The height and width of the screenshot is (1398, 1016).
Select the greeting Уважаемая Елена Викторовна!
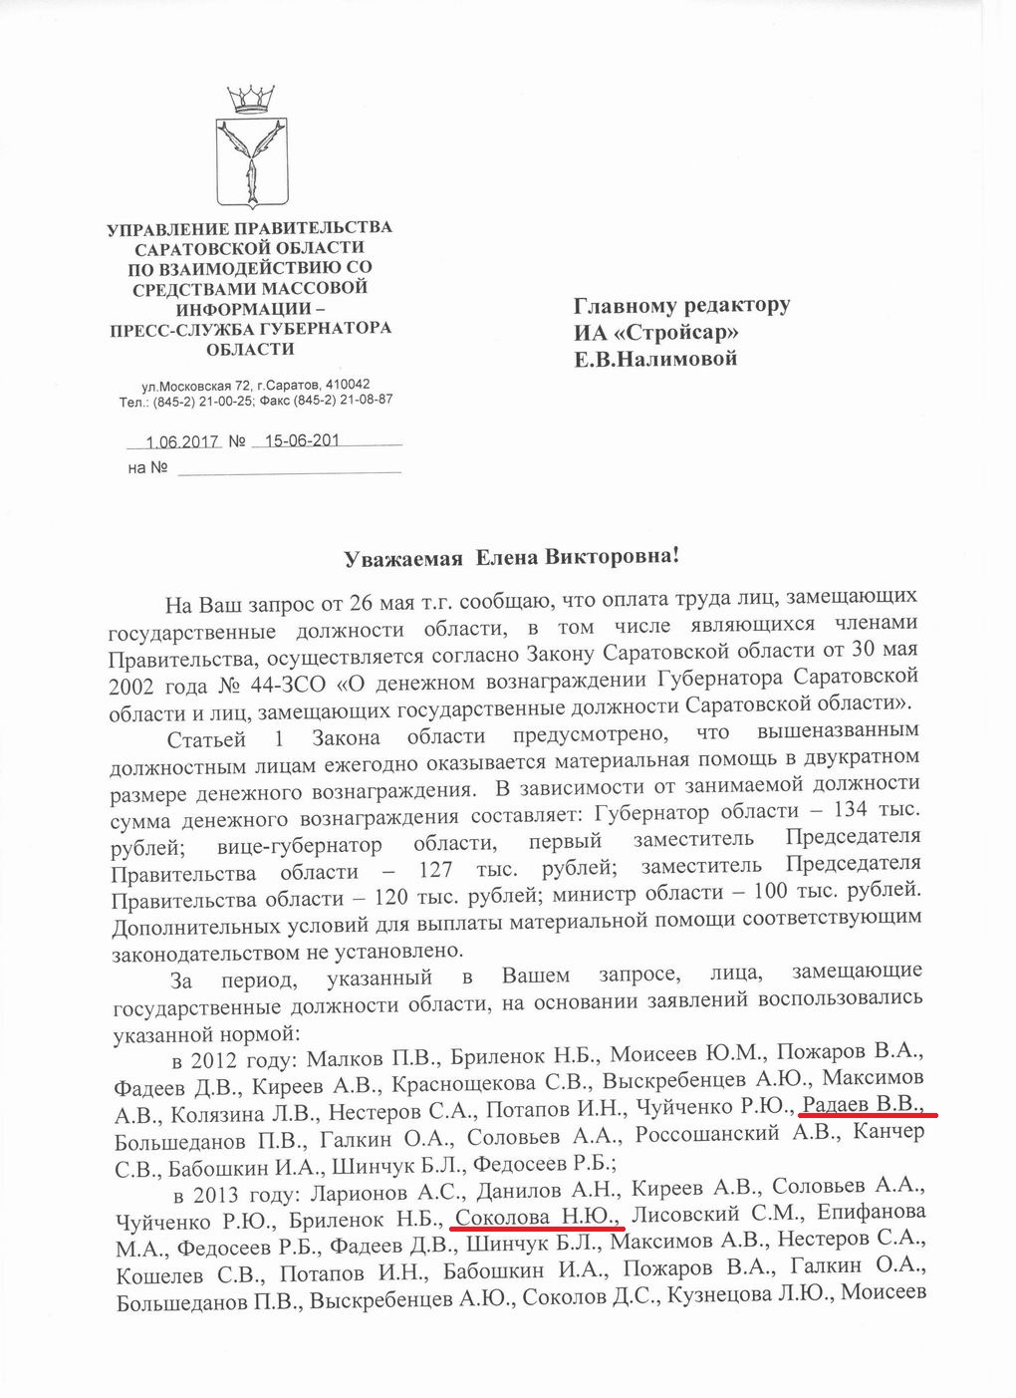point(511,558)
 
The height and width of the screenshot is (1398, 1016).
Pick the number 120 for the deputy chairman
point(394,896)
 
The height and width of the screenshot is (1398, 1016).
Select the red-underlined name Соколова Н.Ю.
point(537,1216)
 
